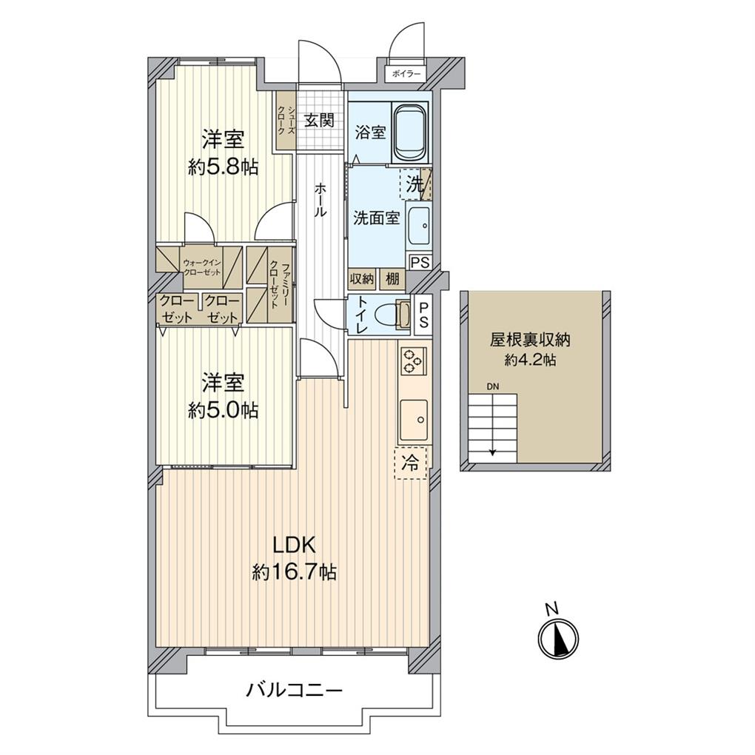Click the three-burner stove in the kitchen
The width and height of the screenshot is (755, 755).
coord(412,363)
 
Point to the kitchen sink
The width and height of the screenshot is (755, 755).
coord(413,420)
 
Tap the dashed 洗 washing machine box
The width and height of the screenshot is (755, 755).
coord(415,184)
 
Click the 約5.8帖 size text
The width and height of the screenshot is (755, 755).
coord(223,167)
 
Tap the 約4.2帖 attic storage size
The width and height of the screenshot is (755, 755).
coord(531,360)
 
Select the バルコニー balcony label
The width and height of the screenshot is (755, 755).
coord(294,691)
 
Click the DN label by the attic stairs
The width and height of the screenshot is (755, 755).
coord(493,386)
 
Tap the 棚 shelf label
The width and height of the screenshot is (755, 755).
coord(392,279)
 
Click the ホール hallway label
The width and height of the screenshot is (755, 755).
coord(321,200)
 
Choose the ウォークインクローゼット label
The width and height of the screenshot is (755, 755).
coord(201,267)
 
